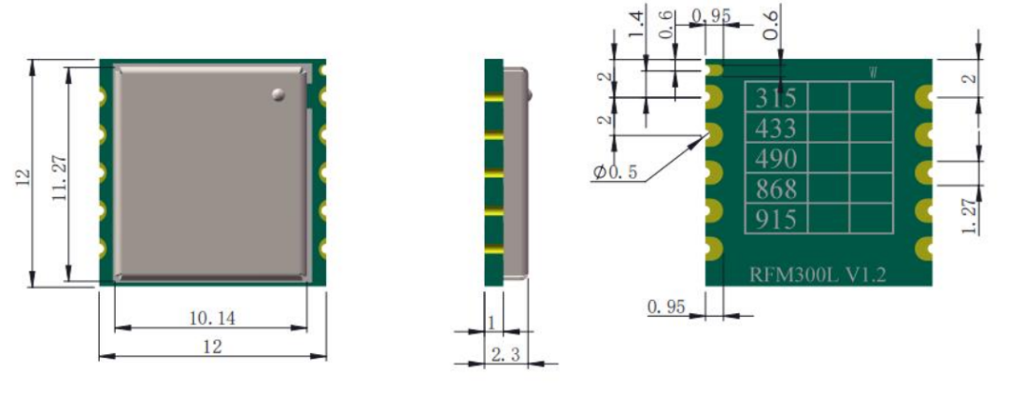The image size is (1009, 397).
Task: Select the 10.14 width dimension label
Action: [212, 318]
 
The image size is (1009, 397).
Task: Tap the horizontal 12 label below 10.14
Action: [212, 347]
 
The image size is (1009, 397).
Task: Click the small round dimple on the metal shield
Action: [278, 94]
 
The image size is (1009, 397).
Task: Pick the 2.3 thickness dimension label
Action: [505, 355]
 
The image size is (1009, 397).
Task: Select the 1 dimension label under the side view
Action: [492, 323]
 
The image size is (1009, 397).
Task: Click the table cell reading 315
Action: [775, 98]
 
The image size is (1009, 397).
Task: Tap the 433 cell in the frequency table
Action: [775, 128]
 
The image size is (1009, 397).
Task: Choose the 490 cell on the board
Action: [775, 158]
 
